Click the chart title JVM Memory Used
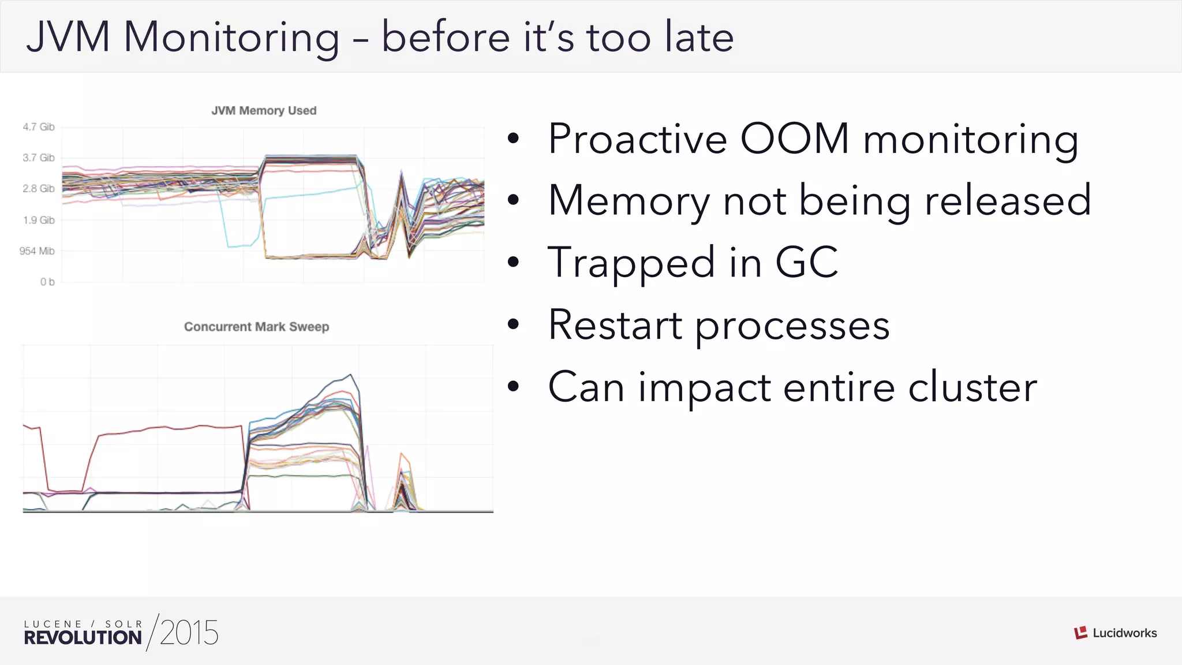(264, 110)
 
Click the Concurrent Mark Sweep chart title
(256, 327)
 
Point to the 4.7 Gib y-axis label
(39, 127)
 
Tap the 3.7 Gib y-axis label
(39, 158)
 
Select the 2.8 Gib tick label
(39, 189)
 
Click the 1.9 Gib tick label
(39, 220)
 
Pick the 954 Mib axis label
(37, 251)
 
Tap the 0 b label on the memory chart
(47, 282)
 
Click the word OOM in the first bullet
(795, 139)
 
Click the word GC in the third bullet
(806, 263)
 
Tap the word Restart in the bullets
(615, 325)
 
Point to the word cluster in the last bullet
(972, 387)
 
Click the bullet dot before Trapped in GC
(513, 263)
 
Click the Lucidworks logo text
(1124, 633)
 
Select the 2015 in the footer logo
(189, 633)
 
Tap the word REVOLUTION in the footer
(83, 638)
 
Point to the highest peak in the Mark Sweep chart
(350, 375)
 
